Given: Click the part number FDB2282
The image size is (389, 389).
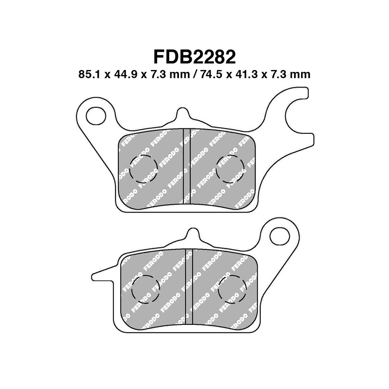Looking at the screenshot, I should [194, 57].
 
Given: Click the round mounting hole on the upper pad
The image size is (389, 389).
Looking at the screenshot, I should [95, 116].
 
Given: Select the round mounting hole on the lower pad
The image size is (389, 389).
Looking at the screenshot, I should [280, 237].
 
